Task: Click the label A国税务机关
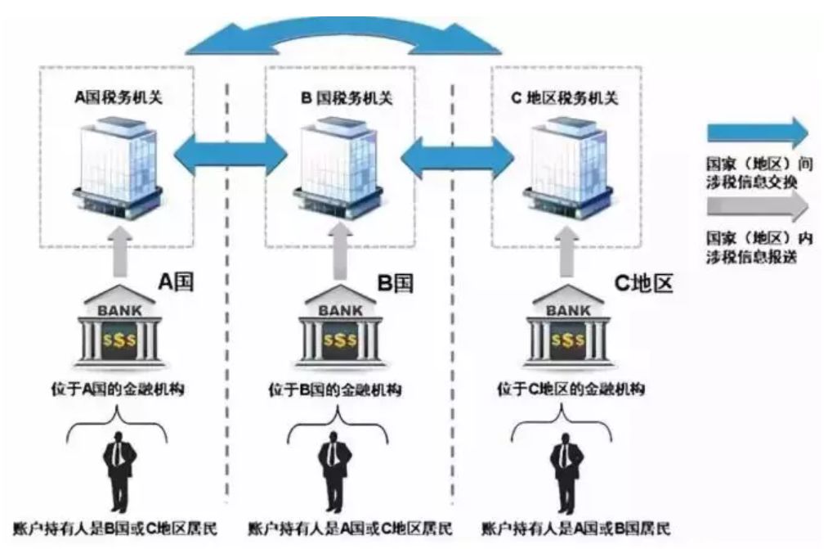point(119,99)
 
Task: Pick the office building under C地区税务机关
point(564,167)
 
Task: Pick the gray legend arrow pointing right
point(756,206)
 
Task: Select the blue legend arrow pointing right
point(756,131)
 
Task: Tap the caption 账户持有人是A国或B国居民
point(570,526)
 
